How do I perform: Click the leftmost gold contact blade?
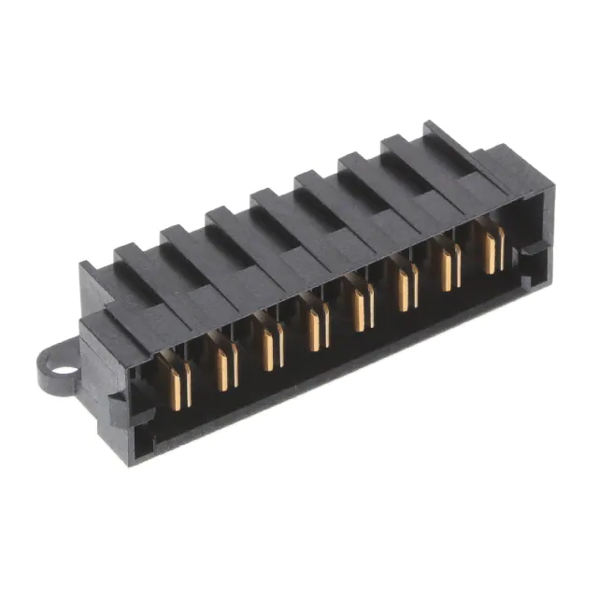pos(178,382)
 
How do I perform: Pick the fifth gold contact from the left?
pos(362,307)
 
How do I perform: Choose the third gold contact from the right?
pos(406,288)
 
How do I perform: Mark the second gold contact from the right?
pos(450,269)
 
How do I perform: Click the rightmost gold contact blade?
pos(492,249)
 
